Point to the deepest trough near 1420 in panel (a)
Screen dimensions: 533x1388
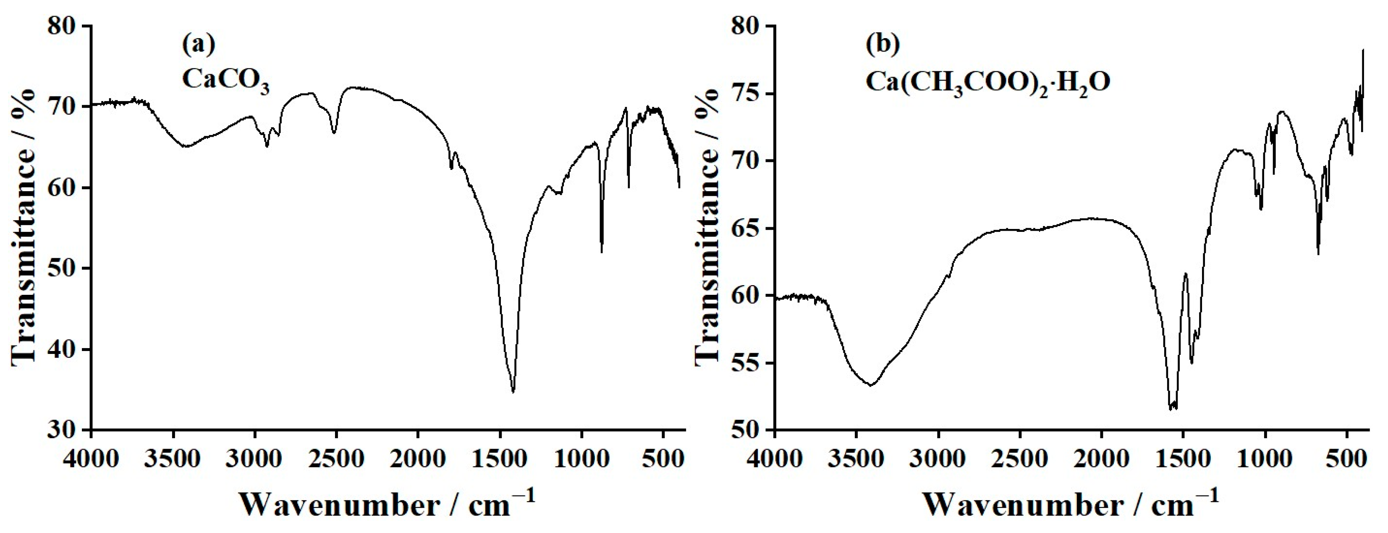pyautogui.click(x=513, y=392)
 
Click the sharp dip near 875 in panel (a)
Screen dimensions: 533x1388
pyautogui.click(x=601, y=252)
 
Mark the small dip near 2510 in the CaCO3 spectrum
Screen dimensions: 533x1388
pyautogui.click(x=334, y=132)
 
